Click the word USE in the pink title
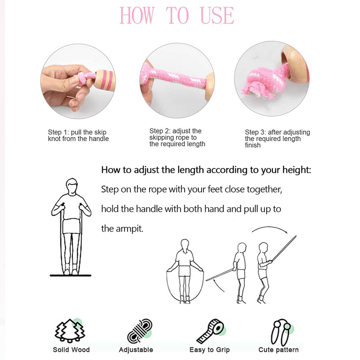pyautogui.click(x=217, y=15)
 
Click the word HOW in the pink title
pyautogui.click(x=137, y=15)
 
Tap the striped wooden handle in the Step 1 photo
pyautogui.click(x=104, y=80)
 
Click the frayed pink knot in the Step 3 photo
pyautogui.click(x=262, y=83)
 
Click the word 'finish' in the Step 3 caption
pyautogui.click(x=253, y=145)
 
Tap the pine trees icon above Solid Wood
pyautogui.click(x=70, y=330)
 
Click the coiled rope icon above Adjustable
pyautogui.click(x=140, y=330)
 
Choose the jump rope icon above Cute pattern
pyautogui.click(x=281, y=332)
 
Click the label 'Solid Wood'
pyautogui.click(x=71, y=350)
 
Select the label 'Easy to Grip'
pyautogui.click(x=210, y=350)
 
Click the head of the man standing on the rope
pyautogui.click(x=72, y=186)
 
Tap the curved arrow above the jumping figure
pyautogui.click(x=270, y=229)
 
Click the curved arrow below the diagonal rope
pyautogui.click(x=218, y=286)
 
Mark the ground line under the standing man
pyautogui.click(x=70, y=275)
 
